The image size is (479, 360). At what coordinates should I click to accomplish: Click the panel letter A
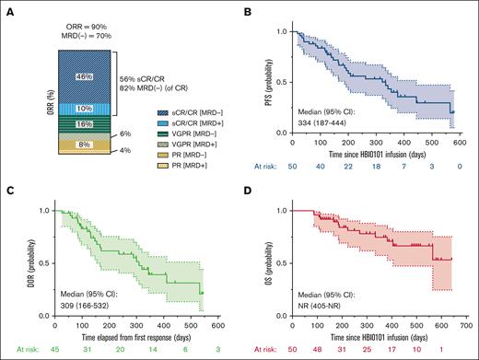pos(9,11)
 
